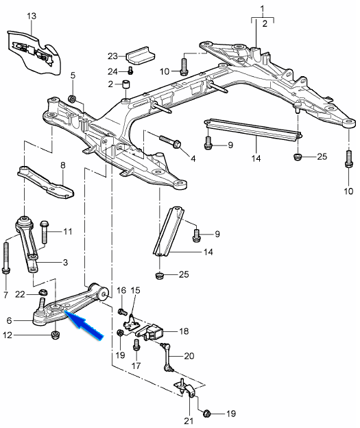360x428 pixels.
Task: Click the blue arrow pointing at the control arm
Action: (x=84, y=326)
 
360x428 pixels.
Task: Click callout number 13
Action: (x=32, y=16)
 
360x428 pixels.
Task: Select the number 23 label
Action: (x=112, y=56)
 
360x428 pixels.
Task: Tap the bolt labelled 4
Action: (x=169, y=141)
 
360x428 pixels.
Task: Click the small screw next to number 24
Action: (x=131, y=70)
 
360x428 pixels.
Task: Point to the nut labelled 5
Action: (x=73, y=98)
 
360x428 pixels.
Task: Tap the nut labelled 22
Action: (x=43, y=292)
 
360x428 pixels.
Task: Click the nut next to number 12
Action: (x=56, y=335)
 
